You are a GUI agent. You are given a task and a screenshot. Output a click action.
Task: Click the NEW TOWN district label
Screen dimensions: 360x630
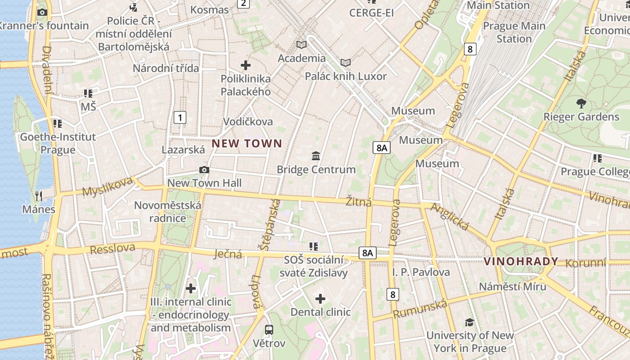click(x=247, y=144)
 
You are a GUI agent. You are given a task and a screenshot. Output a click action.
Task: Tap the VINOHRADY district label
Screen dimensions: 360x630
click(x=521, y=261)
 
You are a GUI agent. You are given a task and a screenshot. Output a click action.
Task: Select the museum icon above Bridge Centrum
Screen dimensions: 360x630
click(x=316, y=156)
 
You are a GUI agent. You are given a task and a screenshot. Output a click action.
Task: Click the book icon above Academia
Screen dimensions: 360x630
click(x=301, y=45)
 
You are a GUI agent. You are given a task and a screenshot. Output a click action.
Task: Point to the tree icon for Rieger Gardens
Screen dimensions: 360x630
click(x=581, y=103)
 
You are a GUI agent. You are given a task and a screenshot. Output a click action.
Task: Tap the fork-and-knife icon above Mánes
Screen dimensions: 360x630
click(x=39, y=196)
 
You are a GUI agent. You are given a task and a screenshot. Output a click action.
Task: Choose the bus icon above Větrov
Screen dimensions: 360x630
click(x=269, y=330)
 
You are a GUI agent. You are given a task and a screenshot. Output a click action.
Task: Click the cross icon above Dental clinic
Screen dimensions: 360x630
click(x=320, y=299)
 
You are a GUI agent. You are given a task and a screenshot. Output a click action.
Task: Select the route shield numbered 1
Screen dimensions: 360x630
click(x=180, y=118)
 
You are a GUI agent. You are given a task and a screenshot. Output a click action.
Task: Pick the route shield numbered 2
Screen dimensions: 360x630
click(x=243, y=4)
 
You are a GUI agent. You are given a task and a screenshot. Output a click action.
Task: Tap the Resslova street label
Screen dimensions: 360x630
click(x=112, y=248)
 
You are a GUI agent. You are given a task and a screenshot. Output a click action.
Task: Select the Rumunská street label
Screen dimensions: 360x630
click(x=420, y=309)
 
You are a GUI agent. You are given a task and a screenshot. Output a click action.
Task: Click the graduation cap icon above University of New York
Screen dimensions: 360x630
click(x=469, y=322)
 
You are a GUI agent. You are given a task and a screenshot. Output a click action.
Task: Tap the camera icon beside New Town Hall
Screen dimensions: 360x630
click(x=204, y=170)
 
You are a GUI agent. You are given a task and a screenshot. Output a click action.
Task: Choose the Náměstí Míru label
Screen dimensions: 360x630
click(x=513, y=287)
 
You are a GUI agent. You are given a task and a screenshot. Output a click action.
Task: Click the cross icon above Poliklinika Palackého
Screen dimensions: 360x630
click(x=246, y=65)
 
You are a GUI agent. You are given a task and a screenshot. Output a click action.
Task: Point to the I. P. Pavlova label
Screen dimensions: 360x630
click(x=421, y=272)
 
